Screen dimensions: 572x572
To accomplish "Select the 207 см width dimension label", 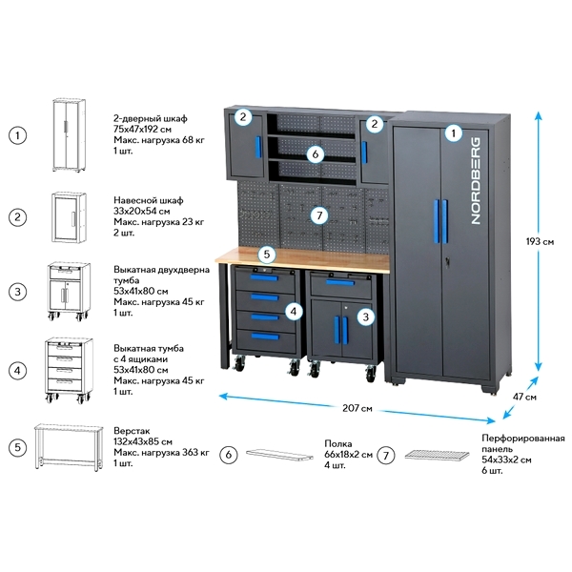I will click(x=357, y=409).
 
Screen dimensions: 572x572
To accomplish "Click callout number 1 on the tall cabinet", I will click(x=454, y=134).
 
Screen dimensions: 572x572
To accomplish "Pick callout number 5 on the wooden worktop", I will click(x=267, y=255).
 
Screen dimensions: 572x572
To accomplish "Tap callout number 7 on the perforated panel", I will click(x=319, y=215).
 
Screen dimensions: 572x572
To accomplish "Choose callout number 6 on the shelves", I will click(x=316, y=153).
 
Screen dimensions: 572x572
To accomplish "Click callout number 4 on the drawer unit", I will click(x=296, y=310).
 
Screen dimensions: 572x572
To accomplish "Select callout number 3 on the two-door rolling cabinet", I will click(x=363, y=316).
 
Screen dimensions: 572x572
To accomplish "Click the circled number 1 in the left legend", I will click(x=17, y=134).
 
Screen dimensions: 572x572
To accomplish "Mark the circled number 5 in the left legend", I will click(x=17, y=446).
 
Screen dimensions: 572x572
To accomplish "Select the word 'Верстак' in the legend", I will click(x=132, y=431).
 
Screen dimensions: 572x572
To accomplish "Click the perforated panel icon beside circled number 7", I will click(x=438, y=456).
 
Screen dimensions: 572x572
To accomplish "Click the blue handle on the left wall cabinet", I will click(x=257, y=148).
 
